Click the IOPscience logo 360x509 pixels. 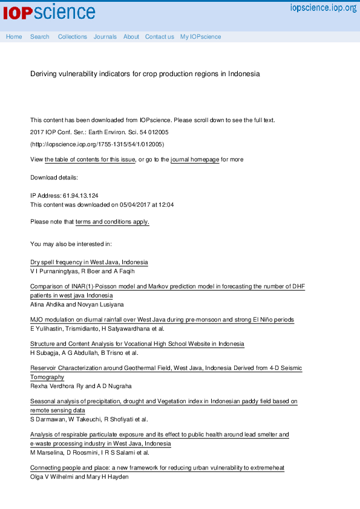[49, 11]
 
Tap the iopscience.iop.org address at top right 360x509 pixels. [323, 8]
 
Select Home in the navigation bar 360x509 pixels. [14, 37]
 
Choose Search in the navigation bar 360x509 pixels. [40, 37]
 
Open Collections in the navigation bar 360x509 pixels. [73, 37]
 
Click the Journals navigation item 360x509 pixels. [105, 37]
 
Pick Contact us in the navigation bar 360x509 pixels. [159, 37]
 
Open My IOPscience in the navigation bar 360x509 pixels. [200, 37]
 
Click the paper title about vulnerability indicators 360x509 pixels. [145, 74]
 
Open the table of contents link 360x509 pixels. [90, 160]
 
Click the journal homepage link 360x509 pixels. [195, 160]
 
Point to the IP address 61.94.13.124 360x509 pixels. [80, 196]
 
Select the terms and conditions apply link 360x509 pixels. [112, 222]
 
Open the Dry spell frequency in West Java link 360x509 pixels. [89, 262]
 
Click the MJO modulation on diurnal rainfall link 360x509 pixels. [162, 320]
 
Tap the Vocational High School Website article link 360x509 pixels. [137, 344]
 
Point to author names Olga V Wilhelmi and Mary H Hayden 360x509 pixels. [79, 476]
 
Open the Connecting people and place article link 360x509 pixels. [157, 468]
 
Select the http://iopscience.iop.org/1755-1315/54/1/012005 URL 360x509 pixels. [97, 144]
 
